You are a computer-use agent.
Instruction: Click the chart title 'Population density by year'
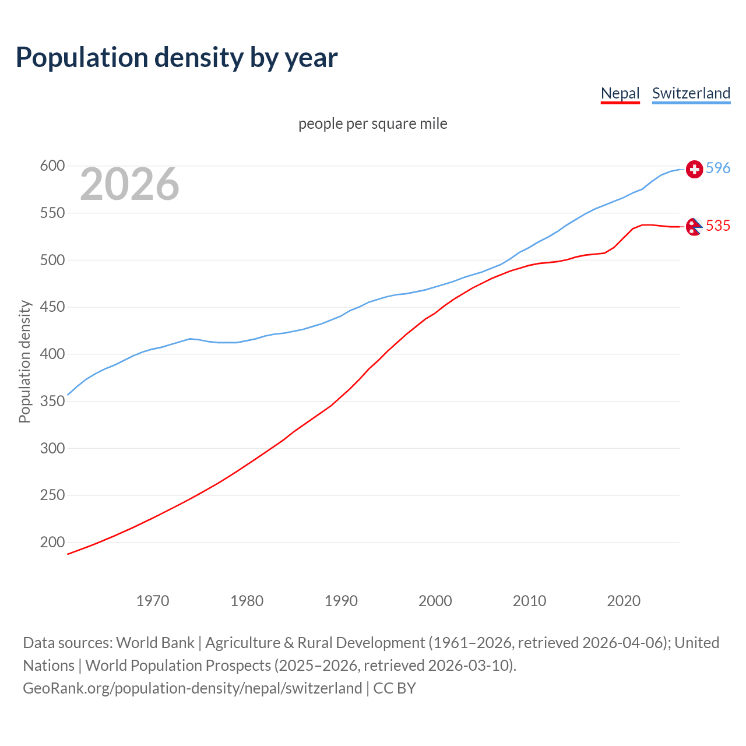point(177,57)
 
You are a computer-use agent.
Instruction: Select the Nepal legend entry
point(620,93)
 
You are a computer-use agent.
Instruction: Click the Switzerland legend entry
point(691,93)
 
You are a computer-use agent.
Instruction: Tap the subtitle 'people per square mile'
point(372,124)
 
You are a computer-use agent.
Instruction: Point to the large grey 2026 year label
point(129,184)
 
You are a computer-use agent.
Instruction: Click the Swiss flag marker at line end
point(694,169)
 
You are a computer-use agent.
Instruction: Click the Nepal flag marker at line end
point(694,227)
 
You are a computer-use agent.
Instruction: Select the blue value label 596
point(717,168)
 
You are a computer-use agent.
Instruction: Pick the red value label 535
point(717,226)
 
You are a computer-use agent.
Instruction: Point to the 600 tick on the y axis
point(52,166)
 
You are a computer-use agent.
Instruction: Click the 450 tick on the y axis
point(52,307)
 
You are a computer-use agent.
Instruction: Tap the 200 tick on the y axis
point(52,542)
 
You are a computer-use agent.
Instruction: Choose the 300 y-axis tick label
point(52,448)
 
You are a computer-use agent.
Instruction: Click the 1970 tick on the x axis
point(153,600)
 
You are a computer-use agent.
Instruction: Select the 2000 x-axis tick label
point(435,600)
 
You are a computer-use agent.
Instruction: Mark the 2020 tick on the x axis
point(624,600)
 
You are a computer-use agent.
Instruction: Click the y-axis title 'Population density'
point(24,361)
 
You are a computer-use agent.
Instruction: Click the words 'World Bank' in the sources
point(155,642)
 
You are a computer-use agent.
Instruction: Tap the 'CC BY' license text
point(395,688)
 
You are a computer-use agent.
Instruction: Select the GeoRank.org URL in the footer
point(192,688)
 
